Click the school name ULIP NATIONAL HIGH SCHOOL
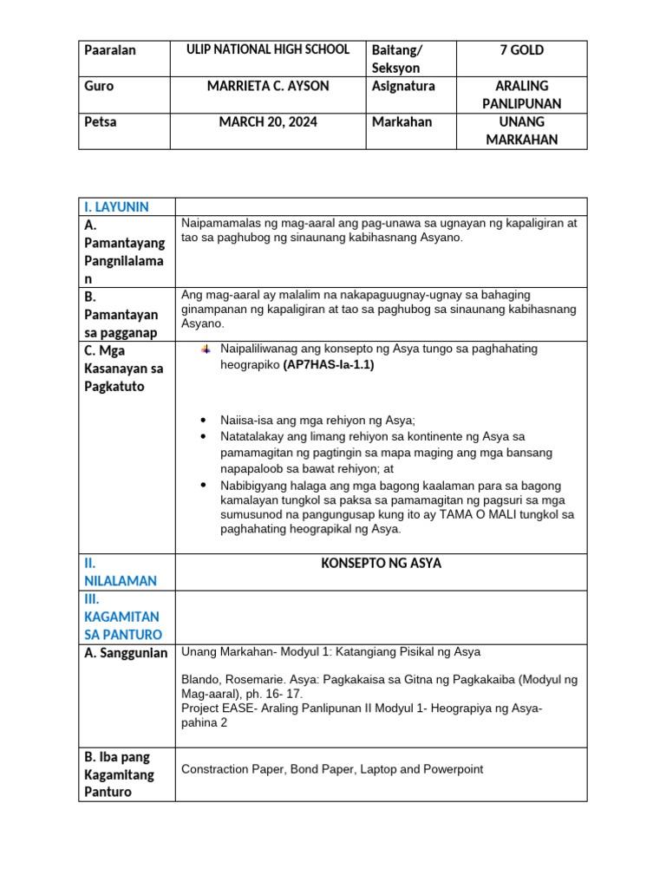(268, 50)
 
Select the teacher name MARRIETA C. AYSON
(268, 87)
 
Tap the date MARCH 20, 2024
(268, 122)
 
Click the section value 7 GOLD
(521, 50)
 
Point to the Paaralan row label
(110, 50)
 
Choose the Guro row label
(99, 87)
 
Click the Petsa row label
(101, 122)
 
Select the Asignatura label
(403, 87)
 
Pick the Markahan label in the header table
(402, 122)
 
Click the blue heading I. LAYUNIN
(116, 206)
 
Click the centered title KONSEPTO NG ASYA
(381, 564)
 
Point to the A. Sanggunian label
(125, 653)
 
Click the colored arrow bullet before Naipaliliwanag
(206, 349)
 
